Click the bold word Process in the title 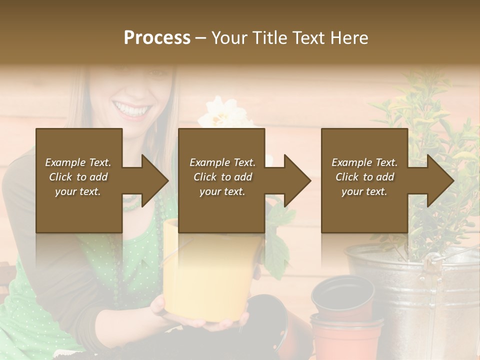point(157,38)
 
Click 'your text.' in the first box point(78,191)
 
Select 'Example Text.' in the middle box point(222,162)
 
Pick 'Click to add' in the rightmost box point(365,177)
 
